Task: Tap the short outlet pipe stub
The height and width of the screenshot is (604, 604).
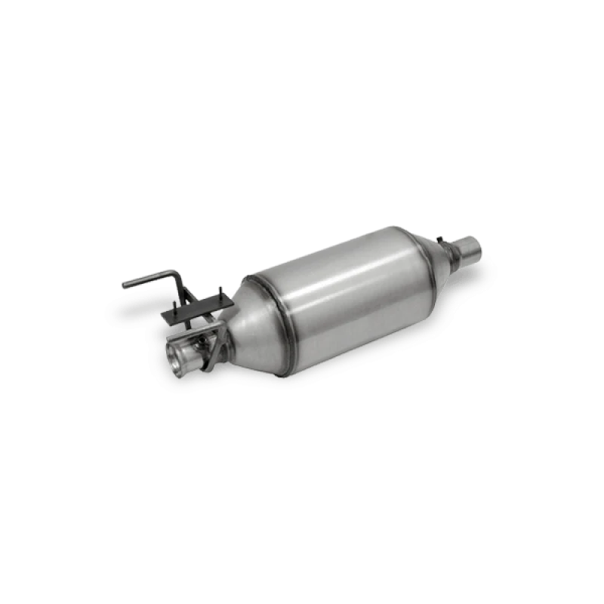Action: click(x=470, y=247)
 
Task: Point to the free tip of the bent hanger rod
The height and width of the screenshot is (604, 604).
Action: click(x=125, y=284)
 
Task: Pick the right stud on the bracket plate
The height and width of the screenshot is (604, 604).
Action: click(x=219, y=295)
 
